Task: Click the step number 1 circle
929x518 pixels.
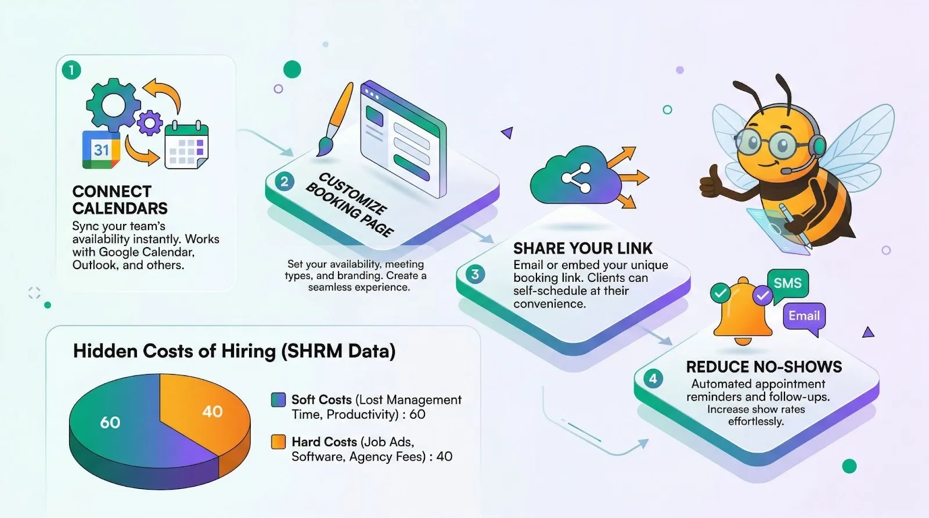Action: click(x=71, y=70)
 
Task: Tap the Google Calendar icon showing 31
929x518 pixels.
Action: click(x=101, y=150)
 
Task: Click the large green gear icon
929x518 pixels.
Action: click(x=113, y=105)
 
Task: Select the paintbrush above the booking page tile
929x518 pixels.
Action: click(x=335, y=119)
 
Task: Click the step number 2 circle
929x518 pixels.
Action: click(x=284, y=182)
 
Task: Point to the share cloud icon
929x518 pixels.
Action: click(x=575, y=177)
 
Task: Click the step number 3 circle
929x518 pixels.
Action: click(x=475, y=274)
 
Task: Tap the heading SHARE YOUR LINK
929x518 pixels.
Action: click(x=582, y=248)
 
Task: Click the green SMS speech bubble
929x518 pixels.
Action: click(x=787, y=283)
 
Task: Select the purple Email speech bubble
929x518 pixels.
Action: click(x=804, y=316)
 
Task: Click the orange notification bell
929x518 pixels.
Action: click(x=742, y=313)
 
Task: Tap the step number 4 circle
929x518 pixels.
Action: click(x=653, y=379)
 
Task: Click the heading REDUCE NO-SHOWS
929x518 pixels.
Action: click(x=764, y=367)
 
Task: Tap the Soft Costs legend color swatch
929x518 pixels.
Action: click(x=278, y=400)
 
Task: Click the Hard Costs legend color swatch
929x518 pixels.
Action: click(x=278, y=442)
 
